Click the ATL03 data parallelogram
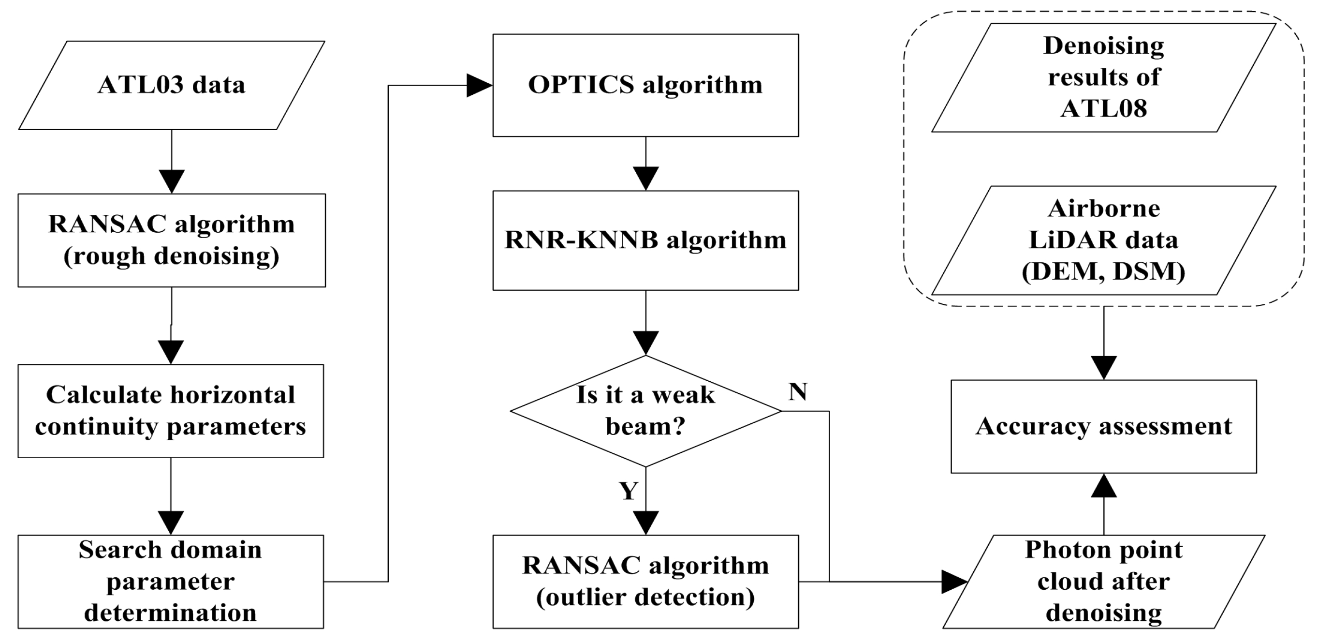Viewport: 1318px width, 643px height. coord(172,85)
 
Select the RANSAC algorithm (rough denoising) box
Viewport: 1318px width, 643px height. coord(172,239)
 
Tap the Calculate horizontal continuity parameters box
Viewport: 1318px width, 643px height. coord(170,411)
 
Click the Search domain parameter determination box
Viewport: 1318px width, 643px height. coord(170,582)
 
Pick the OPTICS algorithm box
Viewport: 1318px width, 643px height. coord(645,85)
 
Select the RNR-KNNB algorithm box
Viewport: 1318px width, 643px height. coord(645,240)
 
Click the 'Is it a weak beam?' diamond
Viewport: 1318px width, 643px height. coord(645,411)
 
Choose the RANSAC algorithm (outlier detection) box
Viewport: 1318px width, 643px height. coord(645,582)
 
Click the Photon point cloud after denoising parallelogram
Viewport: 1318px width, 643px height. coord(1103,582)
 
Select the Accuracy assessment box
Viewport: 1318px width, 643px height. coord(1103,426)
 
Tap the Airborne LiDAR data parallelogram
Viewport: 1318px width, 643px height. coord(1103,240)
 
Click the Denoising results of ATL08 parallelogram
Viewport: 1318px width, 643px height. coord(1103,77)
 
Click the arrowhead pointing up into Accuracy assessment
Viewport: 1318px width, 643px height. coord(1104,486)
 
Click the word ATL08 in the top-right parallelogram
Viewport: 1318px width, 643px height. coord(1103,108)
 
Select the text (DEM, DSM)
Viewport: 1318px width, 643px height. coord(1103,272)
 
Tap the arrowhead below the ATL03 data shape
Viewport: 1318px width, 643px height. coord(172,181)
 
